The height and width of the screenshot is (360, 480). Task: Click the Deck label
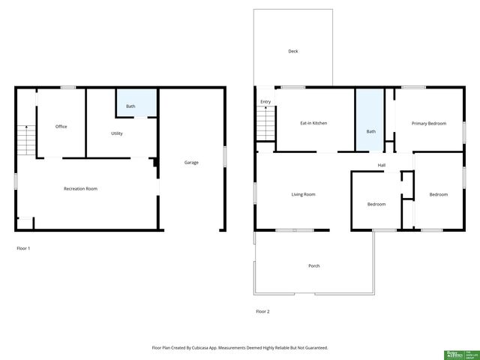click(293, 52)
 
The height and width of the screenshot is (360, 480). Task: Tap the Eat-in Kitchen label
click(313, 123)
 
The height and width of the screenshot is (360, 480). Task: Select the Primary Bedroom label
click(428, 123)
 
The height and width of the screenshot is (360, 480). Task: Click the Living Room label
click(303, 194)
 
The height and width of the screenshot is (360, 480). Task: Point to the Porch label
click(313, 265)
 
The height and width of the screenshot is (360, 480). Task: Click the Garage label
click(191, 162)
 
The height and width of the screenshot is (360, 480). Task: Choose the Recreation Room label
click(80, 188)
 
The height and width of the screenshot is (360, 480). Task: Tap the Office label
click(61, 126)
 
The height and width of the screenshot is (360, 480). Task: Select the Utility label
click(117, 133)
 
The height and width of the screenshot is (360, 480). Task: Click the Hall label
click(382, 165)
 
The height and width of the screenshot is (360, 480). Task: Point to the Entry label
click(265, 101)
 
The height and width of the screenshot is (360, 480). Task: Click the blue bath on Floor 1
click(136, 103)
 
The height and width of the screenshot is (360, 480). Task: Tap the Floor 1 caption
click(23, 247)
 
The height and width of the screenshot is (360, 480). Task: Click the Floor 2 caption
click(262, 310)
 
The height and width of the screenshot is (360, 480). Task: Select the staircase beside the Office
click(25, 140)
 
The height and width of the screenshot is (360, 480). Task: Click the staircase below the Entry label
click(266, 124)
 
